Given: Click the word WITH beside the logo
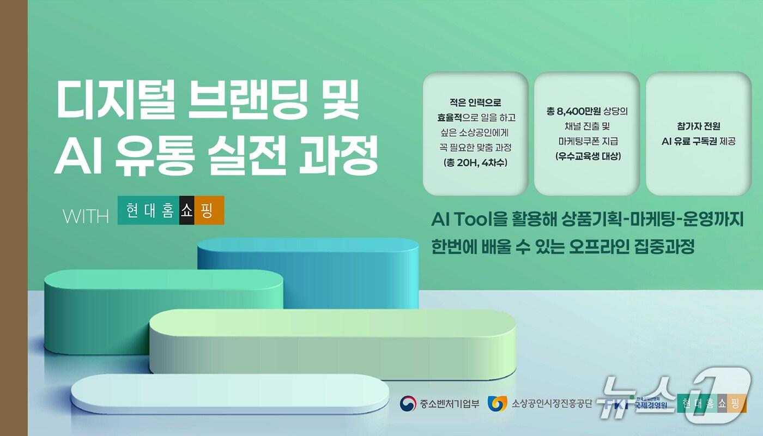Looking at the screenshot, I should click(x=86, y=216).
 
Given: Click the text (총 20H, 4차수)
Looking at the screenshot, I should click(x=475, y=162).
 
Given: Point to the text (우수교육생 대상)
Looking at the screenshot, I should click(x=587, y=156).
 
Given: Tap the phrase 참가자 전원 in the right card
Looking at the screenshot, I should click(x=698, y=126).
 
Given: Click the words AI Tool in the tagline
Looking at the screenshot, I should click(x=461, y=220).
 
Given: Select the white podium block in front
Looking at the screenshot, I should click(x=229, y=392).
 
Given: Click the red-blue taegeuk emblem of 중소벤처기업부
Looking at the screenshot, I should click(x=408, y=404).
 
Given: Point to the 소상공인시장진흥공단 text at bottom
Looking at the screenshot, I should click(x=551, y=404).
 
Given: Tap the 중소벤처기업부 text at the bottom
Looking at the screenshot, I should click(x=449, y=404).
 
